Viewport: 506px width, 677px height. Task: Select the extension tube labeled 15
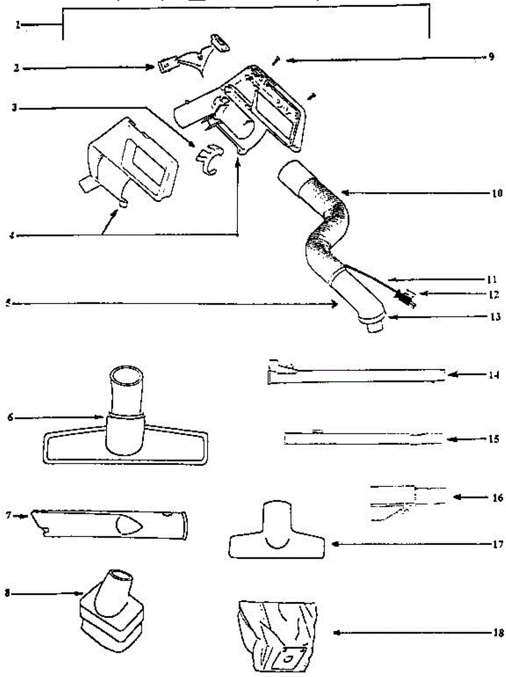(x=363, y=438)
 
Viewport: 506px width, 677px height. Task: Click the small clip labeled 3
(x=207, y=158)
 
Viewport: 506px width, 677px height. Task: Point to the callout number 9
(x=491, y=57)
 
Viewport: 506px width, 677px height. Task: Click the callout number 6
(x=10, y=417)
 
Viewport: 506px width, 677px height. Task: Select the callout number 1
(x=19, y=25)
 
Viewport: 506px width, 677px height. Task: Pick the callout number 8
(x=7, y=594)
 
